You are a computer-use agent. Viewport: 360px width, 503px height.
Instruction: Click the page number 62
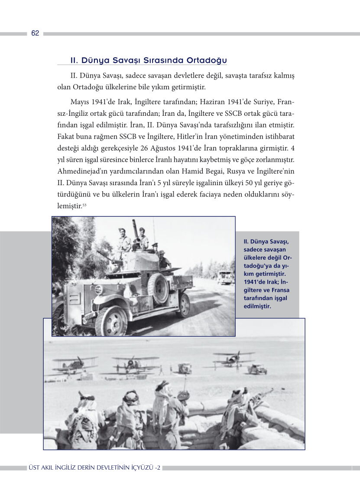[35, 33]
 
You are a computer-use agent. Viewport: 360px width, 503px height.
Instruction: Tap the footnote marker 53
[84, 205]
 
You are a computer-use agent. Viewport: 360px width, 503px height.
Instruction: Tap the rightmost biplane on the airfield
[234, 359]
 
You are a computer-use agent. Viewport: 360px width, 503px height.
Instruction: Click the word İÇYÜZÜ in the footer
[136, 468]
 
